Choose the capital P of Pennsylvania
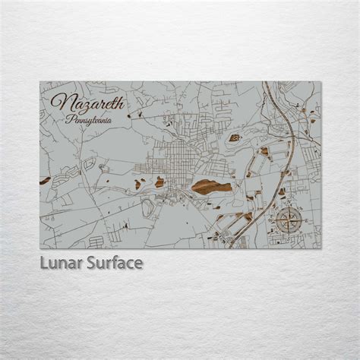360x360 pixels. (70, 120)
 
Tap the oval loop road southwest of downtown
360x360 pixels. (90, 164)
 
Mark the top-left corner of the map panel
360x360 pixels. (39, 82)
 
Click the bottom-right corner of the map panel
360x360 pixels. (321, 249)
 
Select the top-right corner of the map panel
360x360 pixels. (321, 82)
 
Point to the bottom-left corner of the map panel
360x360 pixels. (39, 249)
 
